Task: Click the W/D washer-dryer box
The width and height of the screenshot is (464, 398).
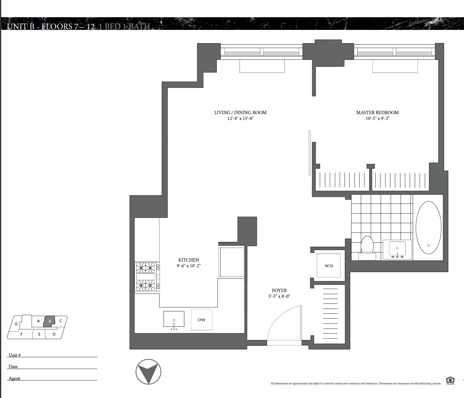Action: [329, 266]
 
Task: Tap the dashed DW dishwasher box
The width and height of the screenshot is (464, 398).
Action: [202, 320]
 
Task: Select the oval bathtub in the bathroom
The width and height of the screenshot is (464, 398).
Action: [428, 227]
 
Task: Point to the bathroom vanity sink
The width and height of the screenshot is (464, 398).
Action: [397, 249]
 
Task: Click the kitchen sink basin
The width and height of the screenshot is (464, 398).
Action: [174, 319]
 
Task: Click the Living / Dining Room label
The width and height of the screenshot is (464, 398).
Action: [240, 112]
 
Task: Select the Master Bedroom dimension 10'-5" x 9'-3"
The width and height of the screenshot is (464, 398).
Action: [377, 118]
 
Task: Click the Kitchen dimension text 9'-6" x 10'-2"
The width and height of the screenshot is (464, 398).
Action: [189, 266]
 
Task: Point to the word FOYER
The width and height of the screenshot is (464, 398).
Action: [279, 290]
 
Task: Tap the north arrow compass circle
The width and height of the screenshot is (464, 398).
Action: [148, 372]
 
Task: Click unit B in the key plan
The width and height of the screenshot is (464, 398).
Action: [50, 321]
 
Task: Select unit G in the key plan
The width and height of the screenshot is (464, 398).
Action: [16, 324]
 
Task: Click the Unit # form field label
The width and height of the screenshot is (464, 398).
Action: [15, 355]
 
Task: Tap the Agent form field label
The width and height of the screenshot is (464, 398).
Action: [14, 378]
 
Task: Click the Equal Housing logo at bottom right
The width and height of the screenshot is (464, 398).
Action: [450, 380]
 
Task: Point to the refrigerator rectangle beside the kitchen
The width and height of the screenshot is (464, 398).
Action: [231, 262]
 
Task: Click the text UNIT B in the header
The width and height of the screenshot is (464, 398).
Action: [21, 27]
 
